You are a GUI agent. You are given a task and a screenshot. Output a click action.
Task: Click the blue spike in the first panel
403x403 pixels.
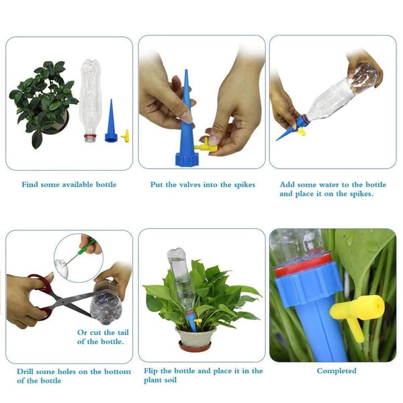(x=111, y=124)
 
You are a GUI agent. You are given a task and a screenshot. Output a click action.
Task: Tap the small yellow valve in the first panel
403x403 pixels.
(x=126, y=136)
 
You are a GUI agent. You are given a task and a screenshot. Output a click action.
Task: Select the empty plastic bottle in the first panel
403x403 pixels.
(x=90, y=100)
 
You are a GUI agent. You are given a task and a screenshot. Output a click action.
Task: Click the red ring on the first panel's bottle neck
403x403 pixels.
(x=90, y=136)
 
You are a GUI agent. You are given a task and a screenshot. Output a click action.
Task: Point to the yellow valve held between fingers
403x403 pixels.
(x=206, y=146)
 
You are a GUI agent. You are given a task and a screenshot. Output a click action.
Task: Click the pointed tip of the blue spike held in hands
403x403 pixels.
(x=186, y=70)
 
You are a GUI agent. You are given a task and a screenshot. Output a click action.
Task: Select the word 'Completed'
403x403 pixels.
(x=337, y=371)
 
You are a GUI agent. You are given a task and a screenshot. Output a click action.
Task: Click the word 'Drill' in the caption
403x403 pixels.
(x=25, y=371)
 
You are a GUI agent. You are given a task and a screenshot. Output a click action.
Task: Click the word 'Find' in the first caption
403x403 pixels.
(x=30, y=185)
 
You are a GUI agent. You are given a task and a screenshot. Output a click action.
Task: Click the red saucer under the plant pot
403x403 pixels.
(x=195, y=347)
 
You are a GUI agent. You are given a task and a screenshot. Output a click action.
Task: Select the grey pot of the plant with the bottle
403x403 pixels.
(x=195, y=337)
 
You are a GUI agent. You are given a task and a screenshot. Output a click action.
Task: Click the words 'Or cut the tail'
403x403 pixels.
(x=103, y=332)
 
